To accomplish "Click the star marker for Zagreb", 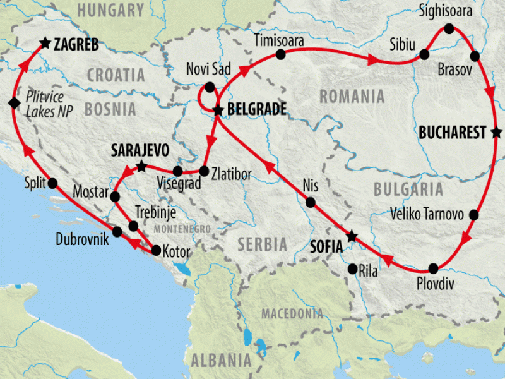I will point(45,44).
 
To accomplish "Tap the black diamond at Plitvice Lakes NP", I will point(13,103).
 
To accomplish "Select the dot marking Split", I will point(52,183).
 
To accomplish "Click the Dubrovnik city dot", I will point(117,231).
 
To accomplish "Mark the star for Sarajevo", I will point(142,167).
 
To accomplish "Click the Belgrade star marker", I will point(218,111).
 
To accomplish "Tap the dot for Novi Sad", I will point(210,87).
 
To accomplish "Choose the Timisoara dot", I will point(281,56).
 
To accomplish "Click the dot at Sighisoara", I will point(449,28).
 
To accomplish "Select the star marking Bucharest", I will point(497,133).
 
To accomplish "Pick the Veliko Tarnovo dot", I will point(474,215).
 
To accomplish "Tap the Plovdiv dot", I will point(433,268).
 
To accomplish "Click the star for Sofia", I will point(352,237).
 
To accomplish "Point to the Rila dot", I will point(352,269).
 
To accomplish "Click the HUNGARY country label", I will point(112,11).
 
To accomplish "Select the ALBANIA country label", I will point(220,360).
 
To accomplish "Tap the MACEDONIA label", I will point(292,313).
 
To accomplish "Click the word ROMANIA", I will point(352,97).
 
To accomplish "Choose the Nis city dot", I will point(310,203).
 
